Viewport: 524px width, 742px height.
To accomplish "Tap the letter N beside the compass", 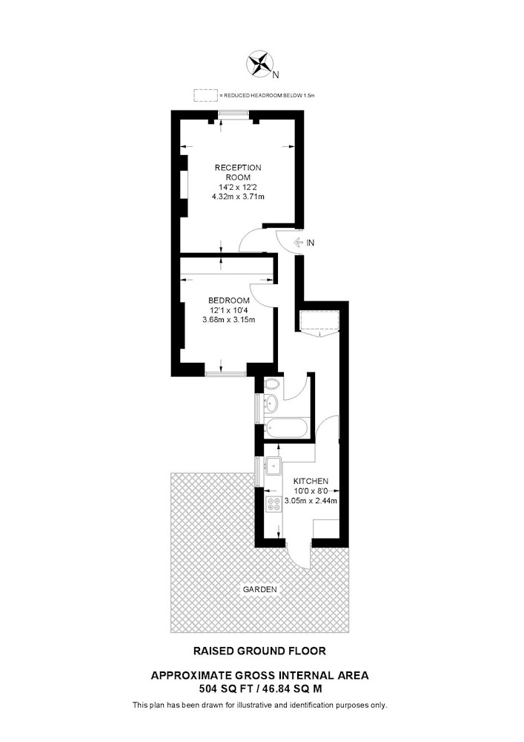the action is (276, 75).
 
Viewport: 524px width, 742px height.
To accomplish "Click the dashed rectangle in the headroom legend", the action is (205, 95).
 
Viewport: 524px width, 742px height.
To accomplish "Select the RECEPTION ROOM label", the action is (238, 172).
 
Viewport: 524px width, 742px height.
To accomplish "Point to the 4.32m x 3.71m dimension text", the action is (238, 197).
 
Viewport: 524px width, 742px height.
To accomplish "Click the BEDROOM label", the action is (229, 301).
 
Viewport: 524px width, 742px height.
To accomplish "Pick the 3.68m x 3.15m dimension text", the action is (229, 319).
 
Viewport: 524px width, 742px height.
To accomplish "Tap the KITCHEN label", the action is (311, 482).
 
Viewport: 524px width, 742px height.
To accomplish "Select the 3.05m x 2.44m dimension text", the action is (311, 501).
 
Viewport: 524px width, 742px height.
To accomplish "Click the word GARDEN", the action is (260, 590).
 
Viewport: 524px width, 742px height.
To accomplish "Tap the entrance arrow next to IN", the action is (298, 243).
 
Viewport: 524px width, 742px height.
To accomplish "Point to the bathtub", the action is (287, 428).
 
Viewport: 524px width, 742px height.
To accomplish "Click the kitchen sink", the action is (273, 466).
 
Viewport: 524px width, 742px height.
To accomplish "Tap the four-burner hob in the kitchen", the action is (273, 504).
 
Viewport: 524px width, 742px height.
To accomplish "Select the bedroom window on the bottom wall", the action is (226, 374).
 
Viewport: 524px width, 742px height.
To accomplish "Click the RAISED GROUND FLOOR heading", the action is (259, 651).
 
